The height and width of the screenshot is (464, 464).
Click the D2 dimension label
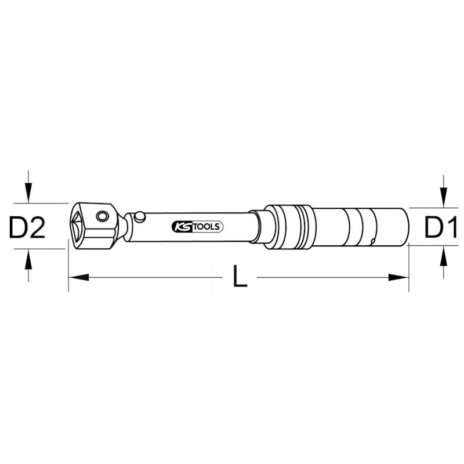click(27, 227)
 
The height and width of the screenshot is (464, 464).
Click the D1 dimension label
click(441, 227)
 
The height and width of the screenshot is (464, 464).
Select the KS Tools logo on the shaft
click(197, 227)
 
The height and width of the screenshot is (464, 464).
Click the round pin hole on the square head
click(103, 216)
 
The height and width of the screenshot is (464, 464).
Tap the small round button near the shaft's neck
click(139, 217)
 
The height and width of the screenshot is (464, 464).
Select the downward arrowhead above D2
click(27, 193)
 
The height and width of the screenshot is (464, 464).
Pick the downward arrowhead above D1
click(443, 198)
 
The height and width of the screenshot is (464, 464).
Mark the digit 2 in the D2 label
click(37, 227)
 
